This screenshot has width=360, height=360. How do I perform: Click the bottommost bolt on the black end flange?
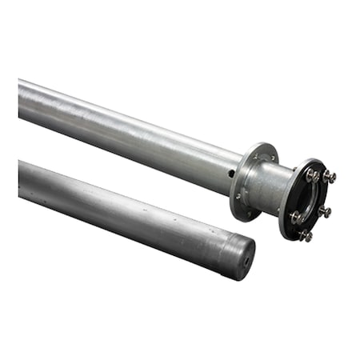[306, 235]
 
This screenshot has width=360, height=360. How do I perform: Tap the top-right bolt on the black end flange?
[329, 177]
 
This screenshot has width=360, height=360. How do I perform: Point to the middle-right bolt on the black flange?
[324, 211]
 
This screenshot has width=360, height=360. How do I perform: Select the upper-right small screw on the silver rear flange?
[274, 158]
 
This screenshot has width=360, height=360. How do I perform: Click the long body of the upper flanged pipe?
[128, 128]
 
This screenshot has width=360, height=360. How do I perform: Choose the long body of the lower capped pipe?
[120, 212]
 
